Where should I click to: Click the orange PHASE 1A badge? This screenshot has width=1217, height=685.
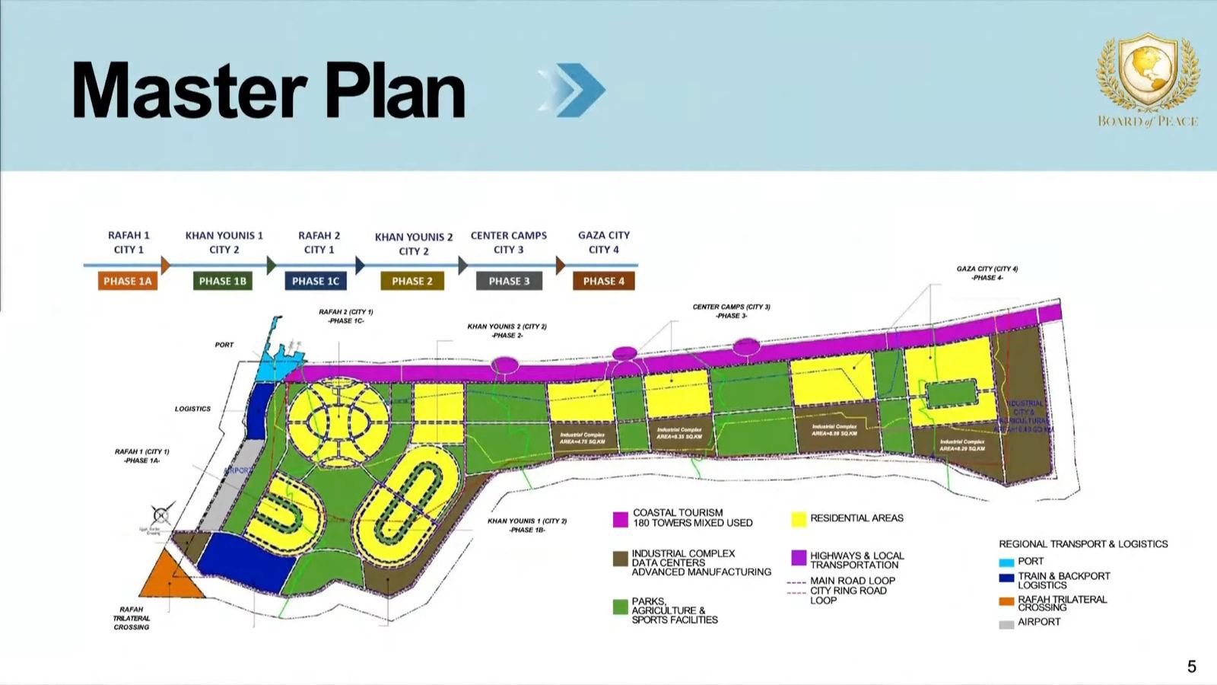coord(128,281)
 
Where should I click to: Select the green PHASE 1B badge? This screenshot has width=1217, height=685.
coord(223,281)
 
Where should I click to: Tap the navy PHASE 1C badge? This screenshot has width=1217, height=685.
coord(316,281)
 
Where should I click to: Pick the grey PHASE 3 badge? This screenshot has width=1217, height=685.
coord(509,281)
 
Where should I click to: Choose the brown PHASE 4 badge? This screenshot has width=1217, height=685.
coord(604,281)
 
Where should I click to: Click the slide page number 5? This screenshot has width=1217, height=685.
coord(1192,667)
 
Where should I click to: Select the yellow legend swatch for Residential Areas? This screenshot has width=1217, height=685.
coord(799,519)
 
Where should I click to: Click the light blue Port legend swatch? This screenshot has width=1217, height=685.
coord(1006,562)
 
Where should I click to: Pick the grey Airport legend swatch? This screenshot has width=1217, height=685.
coord(1006,623)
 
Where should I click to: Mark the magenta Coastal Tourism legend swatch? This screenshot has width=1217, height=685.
coord(621,519)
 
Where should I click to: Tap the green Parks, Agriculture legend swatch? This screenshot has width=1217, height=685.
coord(621,607)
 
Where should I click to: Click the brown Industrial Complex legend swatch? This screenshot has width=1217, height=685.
coord(621,559)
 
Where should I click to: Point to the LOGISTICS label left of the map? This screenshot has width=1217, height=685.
coord(192,409)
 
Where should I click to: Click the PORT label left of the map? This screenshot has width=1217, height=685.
coord(224,345)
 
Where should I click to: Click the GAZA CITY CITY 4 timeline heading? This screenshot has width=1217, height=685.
coord(604,242)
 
